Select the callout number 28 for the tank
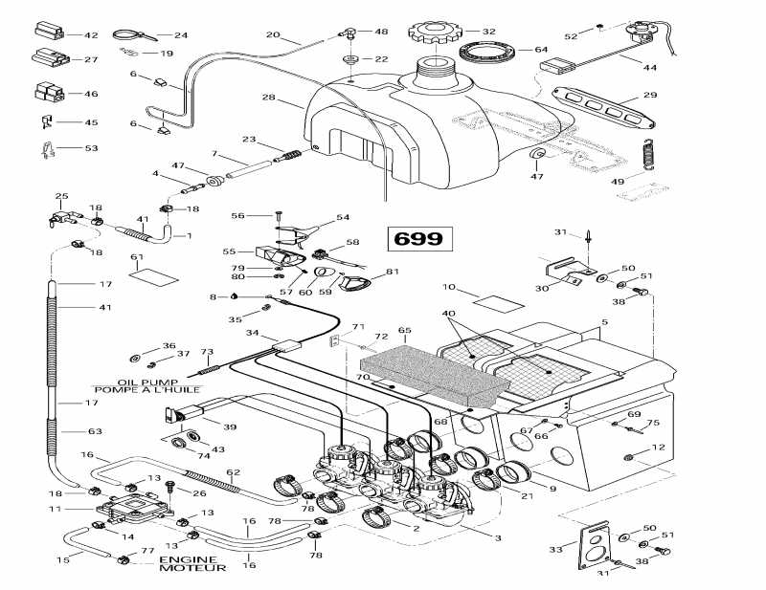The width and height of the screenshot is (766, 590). pyautogui.click(x=268, y=98)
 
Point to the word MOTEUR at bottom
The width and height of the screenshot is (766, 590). pyautogui.click(x=192, y=568)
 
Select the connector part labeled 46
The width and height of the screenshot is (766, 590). pyautogui.click(x=49, y=93)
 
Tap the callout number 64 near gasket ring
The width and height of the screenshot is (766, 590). pyautogui.click(x=540, y=49)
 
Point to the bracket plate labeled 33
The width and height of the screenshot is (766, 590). pyautogui.click(x=597, y=545)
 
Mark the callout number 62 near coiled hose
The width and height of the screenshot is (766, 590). pyautogui.click(x=233, y=471)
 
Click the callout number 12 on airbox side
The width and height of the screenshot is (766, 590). pyautogui.click(x=657, y=448)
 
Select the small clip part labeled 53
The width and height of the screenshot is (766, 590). pyautogui.click(x=44, y=148)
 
